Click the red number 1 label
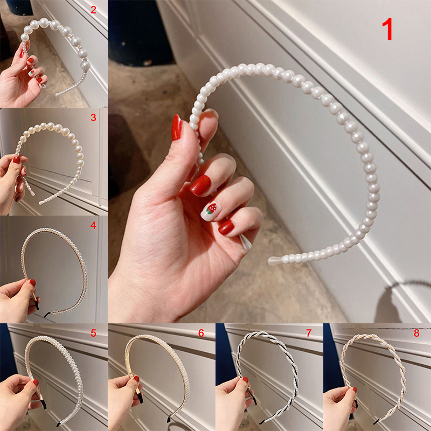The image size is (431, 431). click(388, 30)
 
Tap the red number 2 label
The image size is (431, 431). click(93, 10)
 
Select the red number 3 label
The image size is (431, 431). click(93, 117)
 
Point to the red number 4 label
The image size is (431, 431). click(93, 225)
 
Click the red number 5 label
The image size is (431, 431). click(93, 333)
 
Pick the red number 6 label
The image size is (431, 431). click(201, 333)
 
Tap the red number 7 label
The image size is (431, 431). click(309, 333)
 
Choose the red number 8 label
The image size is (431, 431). click(416, 333)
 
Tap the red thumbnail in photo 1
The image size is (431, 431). click(177, 128)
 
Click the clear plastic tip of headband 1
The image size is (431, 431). click(275, 261)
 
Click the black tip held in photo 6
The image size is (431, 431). click(140, 398)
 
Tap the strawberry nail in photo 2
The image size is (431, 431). click(32, 73)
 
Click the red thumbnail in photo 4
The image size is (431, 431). click(32, 282)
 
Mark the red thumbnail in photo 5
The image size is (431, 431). click(36, 383)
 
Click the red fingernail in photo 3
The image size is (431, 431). click(17, 159)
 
